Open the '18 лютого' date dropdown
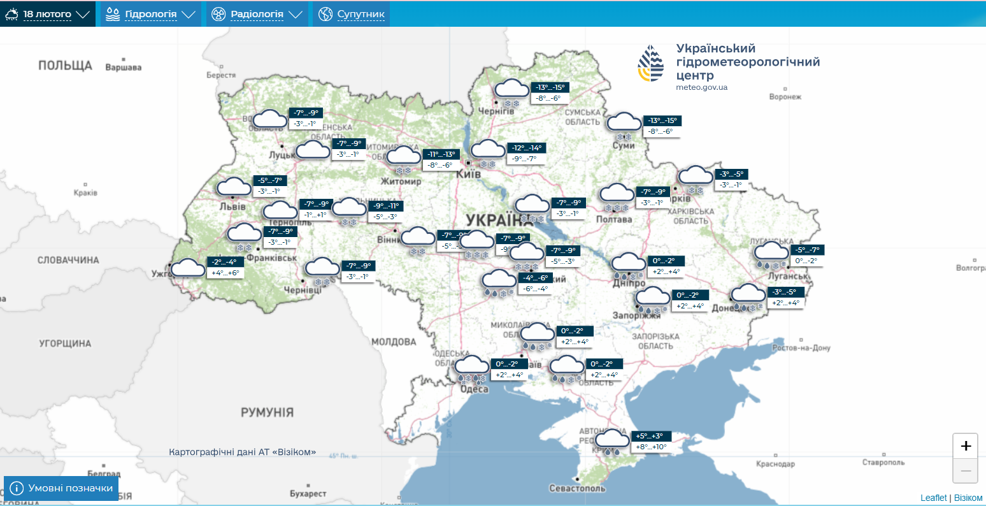[x=48, y=14]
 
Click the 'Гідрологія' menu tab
[x=150, y=14]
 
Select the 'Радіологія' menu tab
[x=256, y=14]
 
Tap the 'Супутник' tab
[x=352, y=14]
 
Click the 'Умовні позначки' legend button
[x=61, y=488]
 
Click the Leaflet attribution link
[x=933, y=498]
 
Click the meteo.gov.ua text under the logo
[x=701, y=87]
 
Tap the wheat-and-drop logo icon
[x=650, y=63]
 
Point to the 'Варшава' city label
[x=123, y=68]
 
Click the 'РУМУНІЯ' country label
[x=267, y=412]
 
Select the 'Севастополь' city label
[x=577, y=488]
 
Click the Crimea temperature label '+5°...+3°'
[x=649, y=437]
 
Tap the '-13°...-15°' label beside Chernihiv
[x=549, y=88]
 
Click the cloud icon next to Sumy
[x=624, y=122]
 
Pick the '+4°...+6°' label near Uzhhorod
[x=225, y=273]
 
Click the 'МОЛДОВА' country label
[x=394, y=342]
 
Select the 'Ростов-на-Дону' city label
[x=801, y=348]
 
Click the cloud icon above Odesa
[x=471, y=366]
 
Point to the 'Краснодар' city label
[x=775, y=464]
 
